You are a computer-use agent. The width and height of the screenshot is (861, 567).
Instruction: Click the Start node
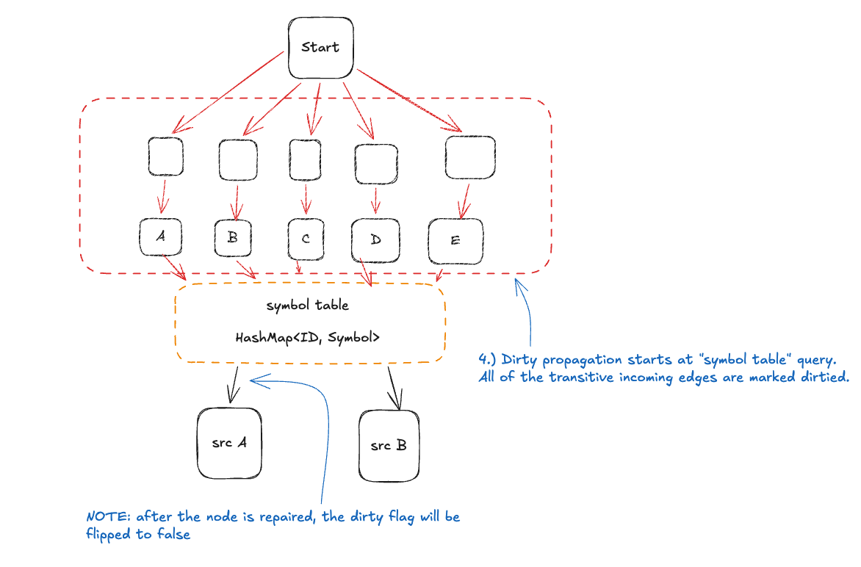[x=320, y=48]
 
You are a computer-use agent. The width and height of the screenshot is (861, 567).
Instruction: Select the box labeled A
[x=161, y=236]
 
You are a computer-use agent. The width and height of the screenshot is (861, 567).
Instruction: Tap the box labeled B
[x=234, y=237]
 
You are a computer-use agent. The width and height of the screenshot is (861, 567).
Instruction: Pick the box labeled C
[x=306, y=239]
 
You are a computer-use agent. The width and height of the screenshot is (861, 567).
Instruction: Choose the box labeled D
[x=375, y=240]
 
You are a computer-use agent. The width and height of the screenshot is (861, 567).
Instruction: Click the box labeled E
[x=455, y=241]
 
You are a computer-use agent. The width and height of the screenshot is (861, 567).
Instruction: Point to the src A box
[x=229, y=443]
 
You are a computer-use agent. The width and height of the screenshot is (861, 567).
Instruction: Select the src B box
[x=389, y=445]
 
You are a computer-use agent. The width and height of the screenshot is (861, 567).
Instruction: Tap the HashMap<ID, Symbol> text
[x=307, y=338]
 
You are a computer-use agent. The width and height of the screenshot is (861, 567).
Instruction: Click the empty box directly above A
[x=165, y=156]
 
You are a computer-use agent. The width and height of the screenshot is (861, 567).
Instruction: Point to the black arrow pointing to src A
[x=234, y=384]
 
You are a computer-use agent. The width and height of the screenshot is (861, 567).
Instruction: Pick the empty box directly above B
[x=238, y=159]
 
